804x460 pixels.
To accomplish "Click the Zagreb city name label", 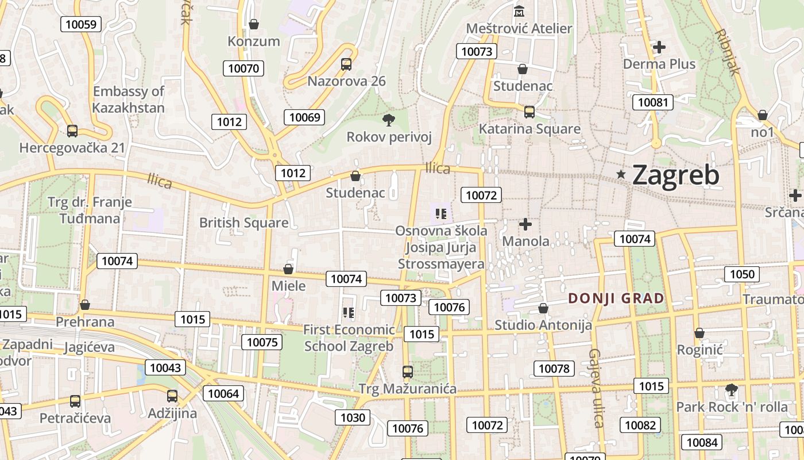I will click(x=675, y=175).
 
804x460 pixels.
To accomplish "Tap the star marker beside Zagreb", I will click(x=621, y=174).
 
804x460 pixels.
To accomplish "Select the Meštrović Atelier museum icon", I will click(x=519, y=11).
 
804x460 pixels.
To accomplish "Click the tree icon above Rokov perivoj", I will click(x=389, y=120).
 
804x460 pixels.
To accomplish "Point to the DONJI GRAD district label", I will click(x=616, y=298).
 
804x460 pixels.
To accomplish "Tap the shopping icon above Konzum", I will click(x=253, y=24).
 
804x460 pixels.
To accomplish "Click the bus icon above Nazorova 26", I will click(x=346, y=64).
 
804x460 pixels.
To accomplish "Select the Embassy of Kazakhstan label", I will click(x=129, y=99).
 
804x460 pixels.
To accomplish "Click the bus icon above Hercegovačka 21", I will click(x=72, y=131).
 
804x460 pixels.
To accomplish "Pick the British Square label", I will click(x=243, y=223).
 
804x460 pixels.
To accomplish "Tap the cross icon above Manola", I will click(x=525, y=224).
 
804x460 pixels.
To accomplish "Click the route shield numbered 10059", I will click(x=81, y=24).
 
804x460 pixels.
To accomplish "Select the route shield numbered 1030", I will click(x=353, y=417).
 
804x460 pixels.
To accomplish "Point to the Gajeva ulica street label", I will click(x=596, y=388).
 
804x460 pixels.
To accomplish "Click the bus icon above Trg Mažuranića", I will click(x=407, y=371).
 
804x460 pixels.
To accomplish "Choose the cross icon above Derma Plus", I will click(x=659, y=47).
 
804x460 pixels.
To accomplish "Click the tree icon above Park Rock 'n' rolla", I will click(x=731, y=389).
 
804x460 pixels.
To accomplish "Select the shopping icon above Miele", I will click(x=288, y=269).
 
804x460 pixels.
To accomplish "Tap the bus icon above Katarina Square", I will click(x=529, y=112).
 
